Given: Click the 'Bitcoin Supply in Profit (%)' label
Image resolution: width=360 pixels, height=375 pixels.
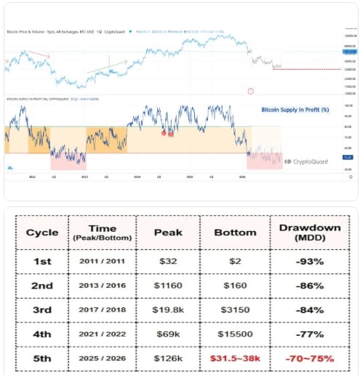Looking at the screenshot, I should (x=295, y=110).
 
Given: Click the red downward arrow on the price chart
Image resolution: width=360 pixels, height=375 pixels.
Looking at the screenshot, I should (x=40, y=55).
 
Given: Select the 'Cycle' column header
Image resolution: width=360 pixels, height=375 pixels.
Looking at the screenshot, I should (x=42, y=233).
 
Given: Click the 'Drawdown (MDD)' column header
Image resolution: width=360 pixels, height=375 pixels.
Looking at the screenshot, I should (x=309, y=233).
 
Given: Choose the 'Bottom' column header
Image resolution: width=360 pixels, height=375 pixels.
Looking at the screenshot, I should (x=236, y=233).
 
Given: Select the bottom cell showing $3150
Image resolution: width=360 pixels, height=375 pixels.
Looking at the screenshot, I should (x=236, y=310).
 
